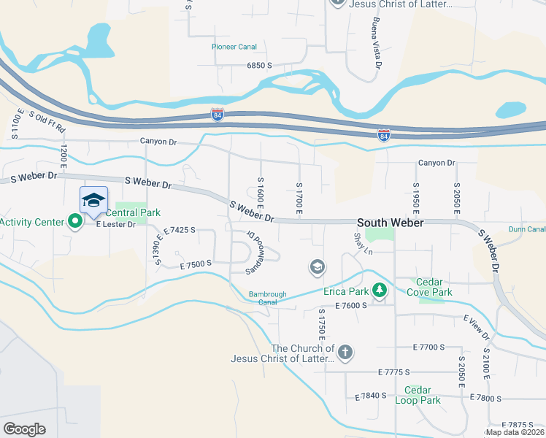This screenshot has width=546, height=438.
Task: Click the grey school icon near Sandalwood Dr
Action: (317, 268)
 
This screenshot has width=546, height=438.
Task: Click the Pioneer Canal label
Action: (234, 47)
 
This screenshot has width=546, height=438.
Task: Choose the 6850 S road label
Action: (259, 66)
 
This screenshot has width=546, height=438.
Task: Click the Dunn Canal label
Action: (527, 229)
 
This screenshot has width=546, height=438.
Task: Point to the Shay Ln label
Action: (363, 244)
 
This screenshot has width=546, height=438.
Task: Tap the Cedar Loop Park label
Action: (418, 395)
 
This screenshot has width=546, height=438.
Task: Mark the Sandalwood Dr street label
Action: (253, 253)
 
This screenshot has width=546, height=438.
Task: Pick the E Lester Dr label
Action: (116, 224)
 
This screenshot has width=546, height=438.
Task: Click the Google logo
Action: (25, 429)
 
